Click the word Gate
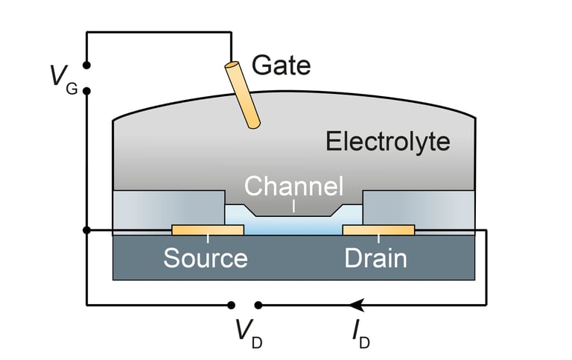[x=281, y=66]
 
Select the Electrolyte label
[x=387, y=141]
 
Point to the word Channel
[x=294, y=186]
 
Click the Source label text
[x=206, y=259]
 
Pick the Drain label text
[x=375, y=259]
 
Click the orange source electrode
[x=208, y=230]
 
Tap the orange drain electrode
[x=378, y=230]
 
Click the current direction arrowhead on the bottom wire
[x=357, y=304]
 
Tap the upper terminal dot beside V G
[x=86, y=66]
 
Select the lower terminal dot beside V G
[x=86, y=91]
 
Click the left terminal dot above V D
[x=232, y=304]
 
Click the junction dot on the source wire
[x=86, y=230]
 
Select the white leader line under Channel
[x=294, y=205]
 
